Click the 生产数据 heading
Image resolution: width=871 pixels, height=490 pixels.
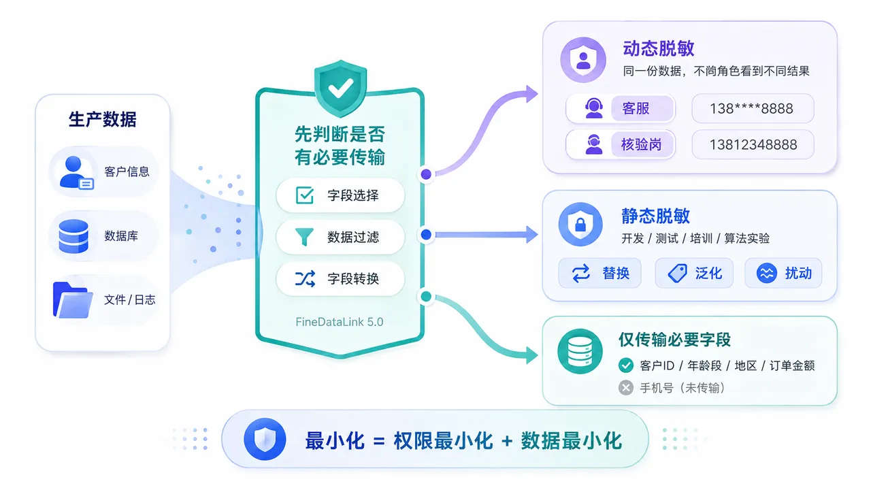coord(103,119)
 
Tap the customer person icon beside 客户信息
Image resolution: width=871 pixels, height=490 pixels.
coord(76,173)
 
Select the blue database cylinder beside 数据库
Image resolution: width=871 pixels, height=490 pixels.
coord(73,236)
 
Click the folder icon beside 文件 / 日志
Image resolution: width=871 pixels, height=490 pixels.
coord(73,300)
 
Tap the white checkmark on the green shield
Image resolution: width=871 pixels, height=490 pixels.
coord(341,88)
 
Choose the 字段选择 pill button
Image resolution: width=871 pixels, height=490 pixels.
coord(340,195)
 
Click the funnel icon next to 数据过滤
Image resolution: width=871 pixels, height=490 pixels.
coord(304,237)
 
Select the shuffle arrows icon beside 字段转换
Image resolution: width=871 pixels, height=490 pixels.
coord(305,278)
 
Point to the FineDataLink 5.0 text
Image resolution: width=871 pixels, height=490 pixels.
coord(340,322)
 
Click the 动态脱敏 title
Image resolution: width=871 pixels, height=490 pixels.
coord(659,48)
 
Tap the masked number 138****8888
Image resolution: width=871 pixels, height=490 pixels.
coord(753,108)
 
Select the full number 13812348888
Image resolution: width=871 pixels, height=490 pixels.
coord(753,145)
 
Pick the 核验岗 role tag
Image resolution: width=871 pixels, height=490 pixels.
coord(642,145)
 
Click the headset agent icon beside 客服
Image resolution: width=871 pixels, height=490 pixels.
coord(594,108)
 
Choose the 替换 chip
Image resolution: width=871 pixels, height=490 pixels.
coord(599,273)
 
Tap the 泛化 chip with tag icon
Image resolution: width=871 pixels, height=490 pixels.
coord(694,273)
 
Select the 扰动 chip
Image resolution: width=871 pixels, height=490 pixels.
coord(783,273)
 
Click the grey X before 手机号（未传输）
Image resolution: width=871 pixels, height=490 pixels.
coord(625,388)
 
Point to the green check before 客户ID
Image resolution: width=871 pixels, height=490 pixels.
coord(625,365)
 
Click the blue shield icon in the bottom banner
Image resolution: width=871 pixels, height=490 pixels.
coord(265,439)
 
